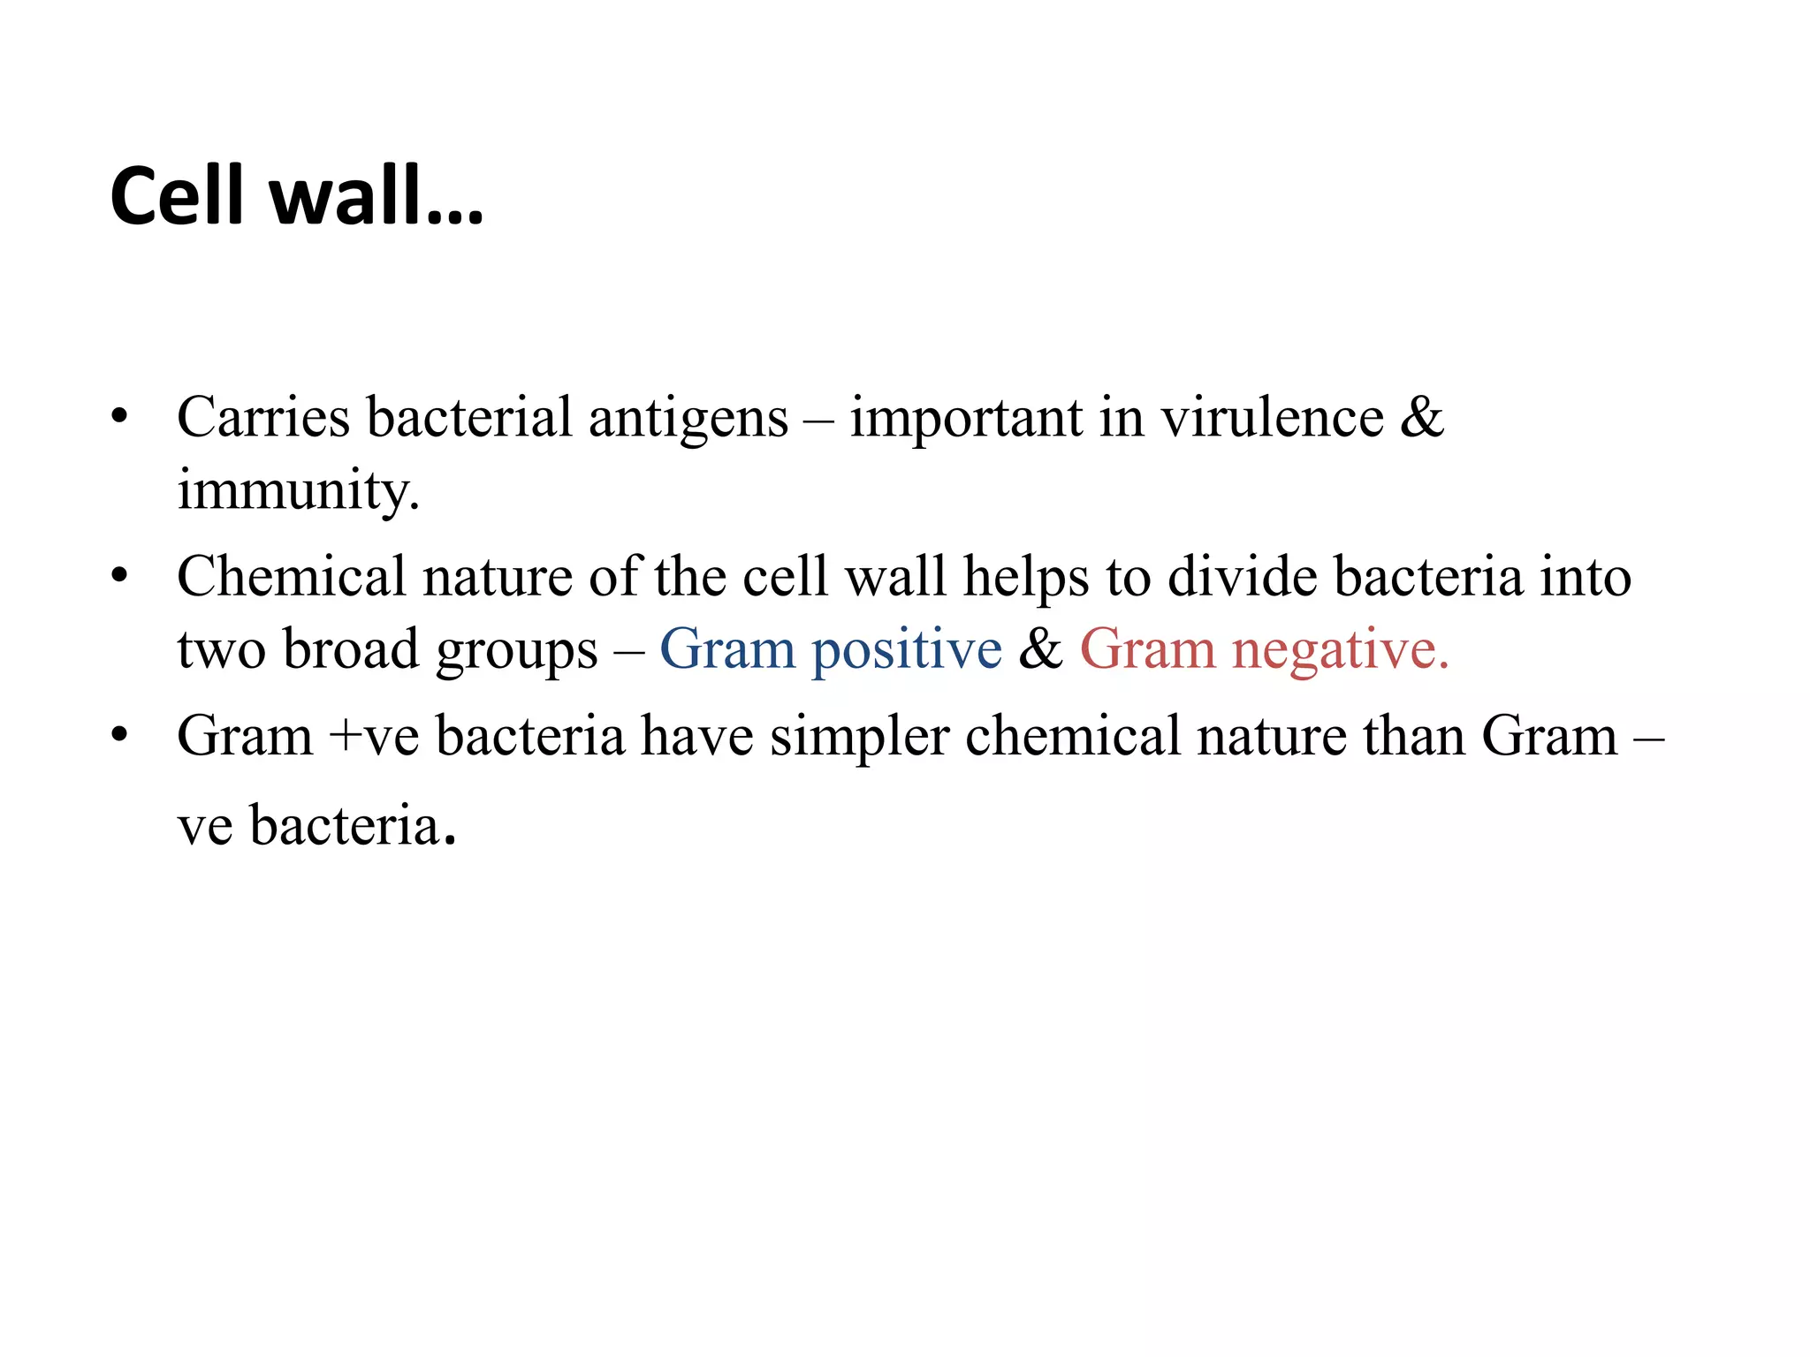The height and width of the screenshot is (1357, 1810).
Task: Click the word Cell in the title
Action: (x=176, y=196)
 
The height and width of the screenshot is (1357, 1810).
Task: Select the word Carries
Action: (x=263, y=417)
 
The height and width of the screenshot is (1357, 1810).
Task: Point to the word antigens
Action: (x=688, y=419)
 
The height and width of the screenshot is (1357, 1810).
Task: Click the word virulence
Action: (x=1272, y=417)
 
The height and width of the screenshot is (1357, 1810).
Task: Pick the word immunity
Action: (x=298, y=491)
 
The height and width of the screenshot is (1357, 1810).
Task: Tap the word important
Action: (x=966, y=419)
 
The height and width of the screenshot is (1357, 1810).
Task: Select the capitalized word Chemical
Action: (x=291, y=577)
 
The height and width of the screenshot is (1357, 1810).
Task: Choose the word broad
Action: (x=351, y=649)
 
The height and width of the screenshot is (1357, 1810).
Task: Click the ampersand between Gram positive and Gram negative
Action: (x=1040, y=649)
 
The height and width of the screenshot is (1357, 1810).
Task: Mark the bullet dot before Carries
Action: (x=120, y=417)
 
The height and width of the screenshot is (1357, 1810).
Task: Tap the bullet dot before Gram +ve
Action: (x=120, y=736)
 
